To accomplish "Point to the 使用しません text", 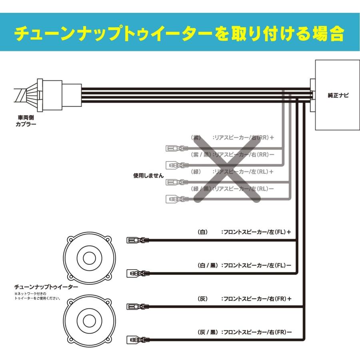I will point(148,175).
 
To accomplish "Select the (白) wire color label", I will point(203,232).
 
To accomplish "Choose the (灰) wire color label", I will point(203,298).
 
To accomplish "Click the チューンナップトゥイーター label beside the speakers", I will point(46,287).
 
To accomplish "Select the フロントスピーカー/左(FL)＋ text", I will point(256,232).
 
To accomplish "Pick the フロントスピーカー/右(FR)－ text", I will point(256,332).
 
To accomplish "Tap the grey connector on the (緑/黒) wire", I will point(176,198).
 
